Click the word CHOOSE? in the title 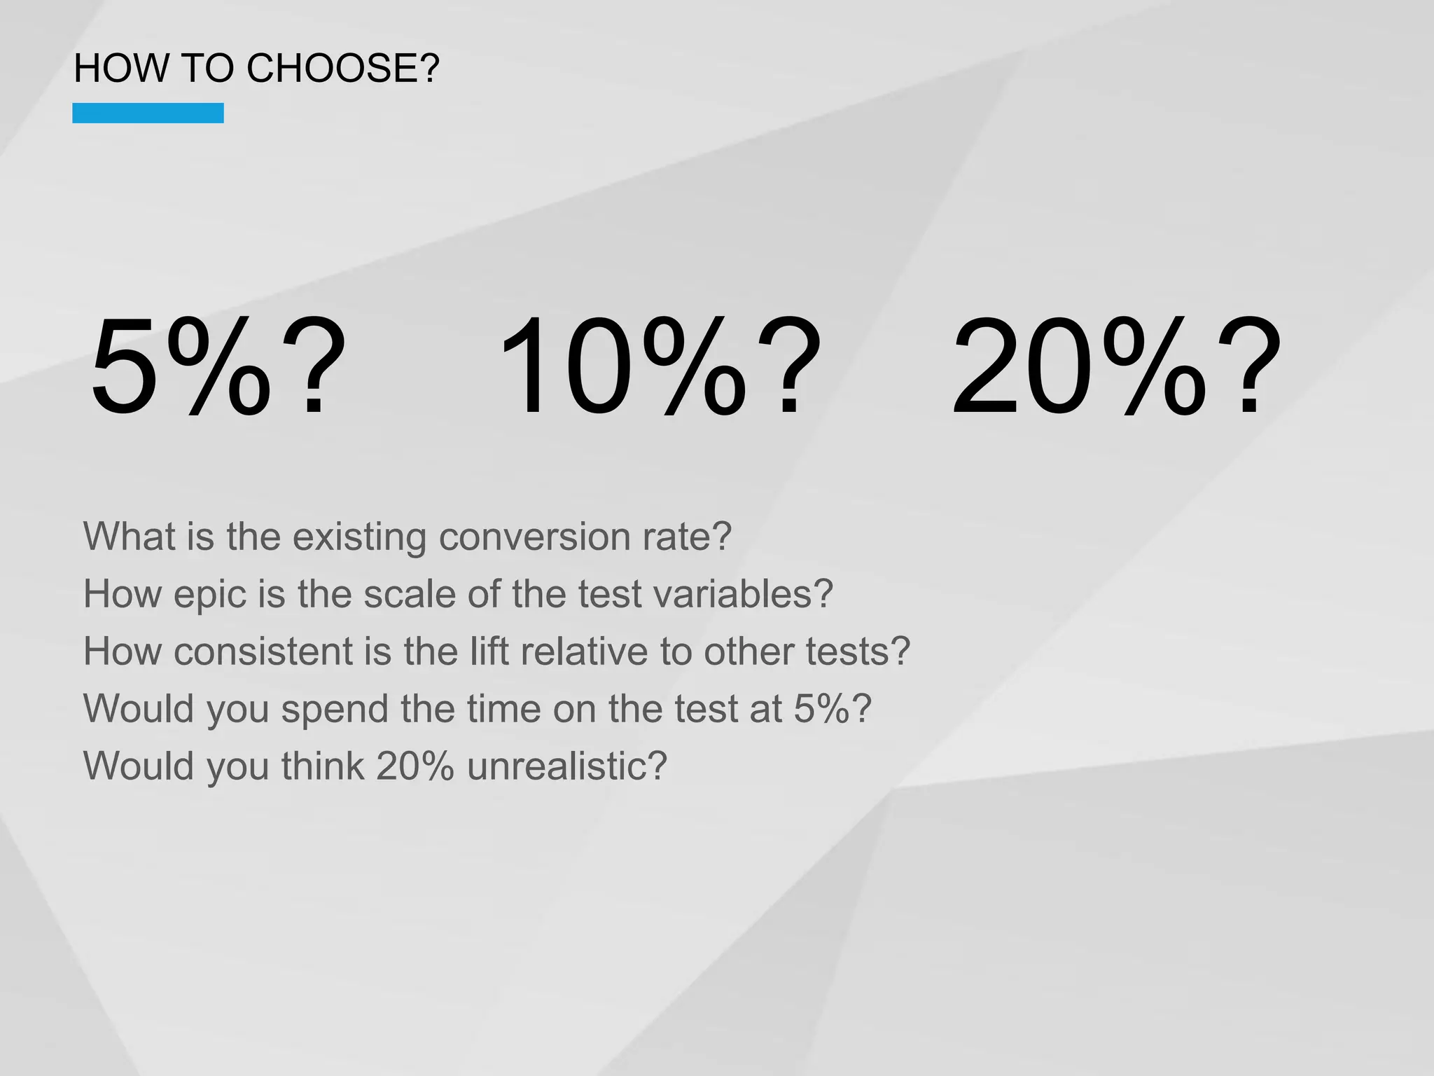[x=343, y=69]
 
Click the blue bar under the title [x=148, y=113]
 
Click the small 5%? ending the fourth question [x=833, y=709]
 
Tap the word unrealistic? [x=567, y=766]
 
